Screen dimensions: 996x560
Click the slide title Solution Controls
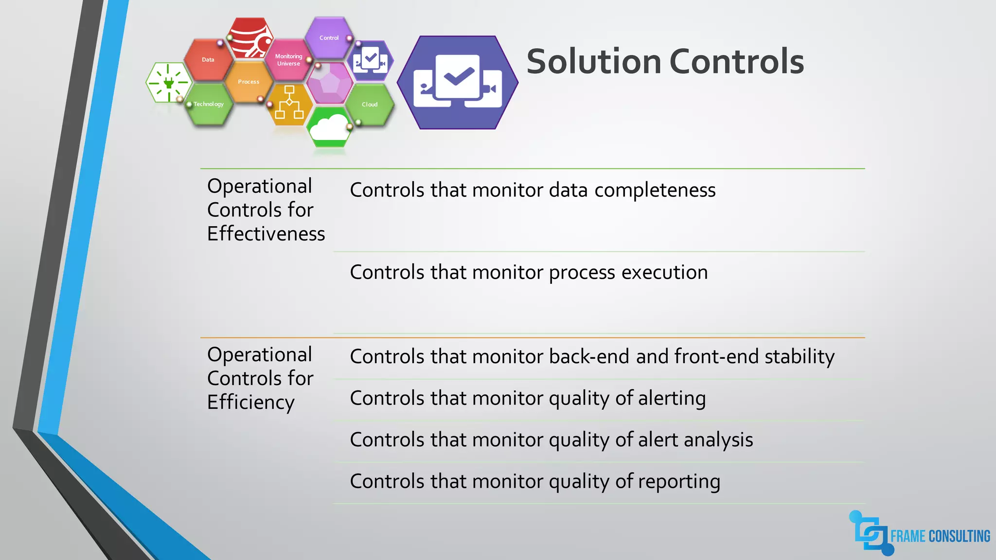point(665,62)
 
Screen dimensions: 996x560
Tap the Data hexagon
point(208,60)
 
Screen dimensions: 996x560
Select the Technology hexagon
point(209,105)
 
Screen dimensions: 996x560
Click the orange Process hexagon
point(249,82)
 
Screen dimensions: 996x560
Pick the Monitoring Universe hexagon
point(288,60)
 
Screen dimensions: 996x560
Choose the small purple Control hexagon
point(329,38)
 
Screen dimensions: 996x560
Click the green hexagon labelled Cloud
point(370,105)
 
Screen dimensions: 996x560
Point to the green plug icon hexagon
point(168,83)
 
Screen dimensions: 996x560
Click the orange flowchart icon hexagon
point(289,103)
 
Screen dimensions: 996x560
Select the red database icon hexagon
point(250,38)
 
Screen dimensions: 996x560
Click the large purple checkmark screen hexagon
point(458,82)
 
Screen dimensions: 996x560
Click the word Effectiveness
point(266,234)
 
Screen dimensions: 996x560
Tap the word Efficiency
point(250,402)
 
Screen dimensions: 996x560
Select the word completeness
point(655,190)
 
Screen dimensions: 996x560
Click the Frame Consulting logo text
point(940,536)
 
